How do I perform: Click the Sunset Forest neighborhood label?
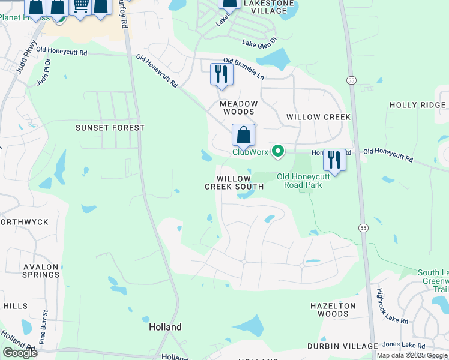click(x=110, y=128)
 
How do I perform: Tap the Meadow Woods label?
click(x=238, y=107)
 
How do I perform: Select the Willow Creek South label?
click(x=234, y=183)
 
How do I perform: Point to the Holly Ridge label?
click(x=417, y=105)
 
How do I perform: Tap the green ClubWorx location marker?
click(x=277, y=151)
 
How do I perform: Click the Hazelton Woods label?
click(x=333, y=310)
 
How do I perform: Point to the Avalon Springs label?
click(x=41, y=271)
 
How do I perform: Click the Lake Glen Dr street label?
click(x=259, y=42)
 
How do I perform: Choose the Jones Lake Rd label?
click(x=403, y=346)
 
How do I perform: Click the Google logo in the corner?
click(x=20, y=353)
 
